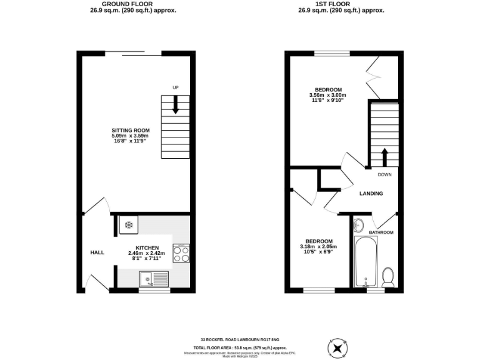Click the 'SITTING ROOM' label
[131, 130]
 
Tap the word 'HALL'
[97, 252]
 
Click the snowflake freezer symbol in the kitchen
[129, 225]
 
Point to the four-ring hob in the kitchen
[181, 254]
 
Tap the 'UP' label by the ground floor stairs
[176, 87]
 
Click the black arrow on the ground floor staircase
[176, 104]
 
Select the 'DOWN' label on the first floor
[384, 175]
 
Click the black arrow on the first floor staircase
[384, 155]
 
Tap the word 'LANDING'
[371, 194]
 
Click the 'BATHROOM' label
[381, 232]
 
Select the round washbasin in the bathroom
[359, 226]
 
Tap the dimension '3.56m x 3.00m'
[327, 95]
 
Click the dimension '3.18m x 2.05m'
[318, 247]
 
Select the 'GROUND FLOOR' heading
[129, 3]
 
